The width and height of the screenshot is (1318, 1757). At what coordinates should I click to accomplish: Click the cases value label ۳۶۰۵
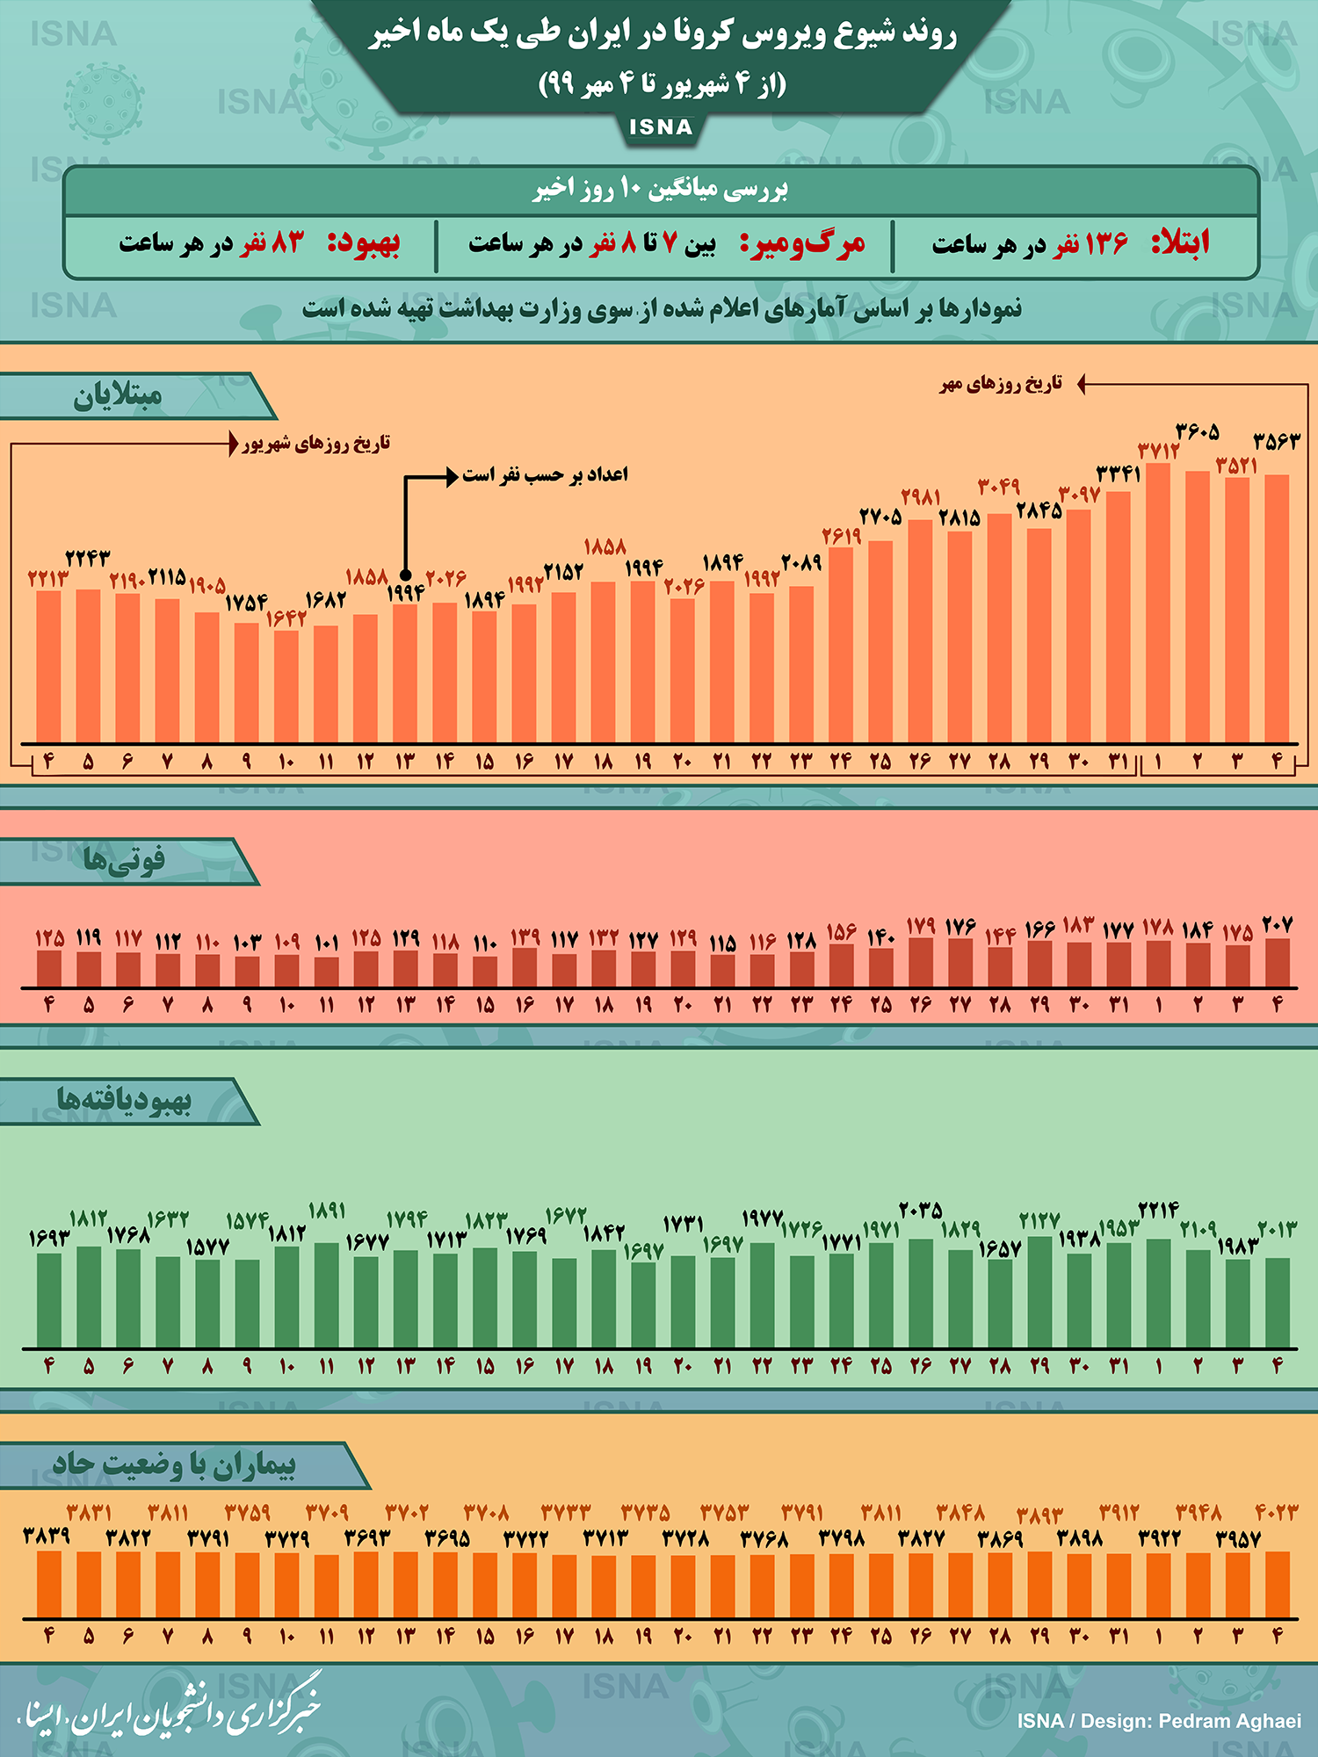click(x=1198, y=431)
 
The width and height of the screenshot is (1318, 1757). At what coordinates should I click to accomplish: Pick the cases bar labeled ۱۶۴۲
click(x=286, y=685)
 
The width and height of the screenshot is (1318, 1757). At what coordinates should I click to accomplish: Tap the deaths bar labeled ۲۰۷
click(x=1278, y=963)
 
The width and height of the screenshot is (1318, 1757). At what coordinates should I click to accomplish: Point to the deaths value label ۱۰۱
click(x=326, y=943)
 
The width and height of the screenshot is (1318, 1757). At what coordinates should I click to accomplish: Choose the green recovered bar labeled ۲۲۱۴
click(x=1158, y=1292)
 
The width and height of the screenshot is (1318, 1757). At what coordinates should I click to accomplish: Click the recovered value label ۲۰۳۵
click(x=921, y=1210)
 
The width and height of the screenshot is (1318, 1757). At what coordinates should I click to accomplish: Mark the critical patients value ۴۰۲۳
click(x=1276, y=1513)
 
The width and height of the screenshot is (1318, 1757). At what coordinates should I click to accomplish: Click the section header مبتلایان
click(x=118, y=396)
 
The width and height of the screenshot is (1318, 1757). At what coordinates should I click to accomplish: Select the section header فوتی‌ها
click(x=124, y=860)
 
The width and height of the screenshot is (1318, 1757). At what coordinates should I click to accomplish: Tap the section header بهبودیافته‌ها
click(x=124, y=1101)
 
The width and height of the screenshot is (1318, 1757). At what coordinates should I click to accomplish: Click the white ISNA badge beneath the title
click(x=661, y=127)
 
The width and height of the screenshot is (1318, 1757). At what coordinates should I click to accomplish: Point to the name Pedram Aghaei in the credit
click(x=1230, y=1721)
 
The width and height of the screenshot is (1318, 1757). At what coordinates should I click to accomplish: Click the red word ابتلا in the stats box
click(x=1180, y=242)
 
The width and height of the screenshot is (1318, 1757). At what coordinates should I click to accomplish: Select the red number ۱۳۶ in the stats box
click(x=1105, y=243)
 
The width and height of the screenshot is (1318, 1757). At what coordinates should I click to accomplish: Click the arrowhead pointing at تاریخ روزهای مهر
click(x=1083, y=384)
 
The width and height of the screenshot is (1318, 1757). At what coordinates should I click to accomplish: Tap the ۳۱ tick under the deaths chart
click(x=1119, y=1004)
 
